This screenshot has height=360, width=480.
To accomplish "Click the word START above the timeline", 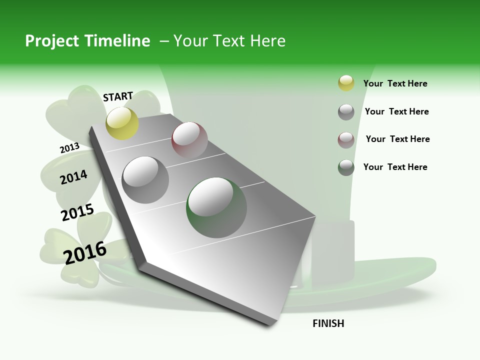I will (118, 96).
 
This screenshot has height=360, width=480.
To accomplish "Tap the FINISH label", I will (328, 323).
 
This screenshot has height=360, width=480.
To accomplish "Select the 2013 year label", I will (69, 148).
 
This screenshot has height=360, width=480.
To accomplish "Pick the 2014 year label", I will (73, 177).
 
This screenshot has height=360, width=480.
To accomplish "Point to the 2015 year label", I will (77, 212).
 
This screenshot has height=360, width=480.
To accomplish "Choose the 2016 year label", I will (85, 252).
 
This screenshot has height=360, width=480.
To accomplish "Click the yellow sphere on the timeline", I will (122, 123).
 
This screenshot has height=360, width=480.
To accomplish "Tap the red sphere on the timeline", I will (189, 139).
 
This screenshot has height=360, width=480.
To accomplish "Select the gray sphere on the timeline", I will (145, 180).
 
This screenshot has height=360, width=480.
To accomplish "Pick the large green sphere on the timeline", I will (216, 207).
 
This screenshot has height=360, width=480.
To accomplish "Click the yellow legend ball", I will (346, 83).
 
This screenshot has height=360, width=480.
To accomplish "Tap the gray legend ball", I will (346, 112).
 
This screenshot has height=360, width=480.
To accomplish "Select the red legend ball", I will (346, 140).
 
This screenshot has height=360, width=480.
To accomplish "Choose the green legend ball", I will (346, 167).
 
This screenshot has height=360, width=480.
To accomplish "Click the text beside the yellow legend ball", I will (395, 83).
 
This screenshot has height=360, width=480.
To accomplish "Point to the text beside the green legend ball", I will (395, 167).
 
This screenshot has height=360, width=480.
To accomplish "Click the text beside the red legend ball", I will (397, 139).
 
